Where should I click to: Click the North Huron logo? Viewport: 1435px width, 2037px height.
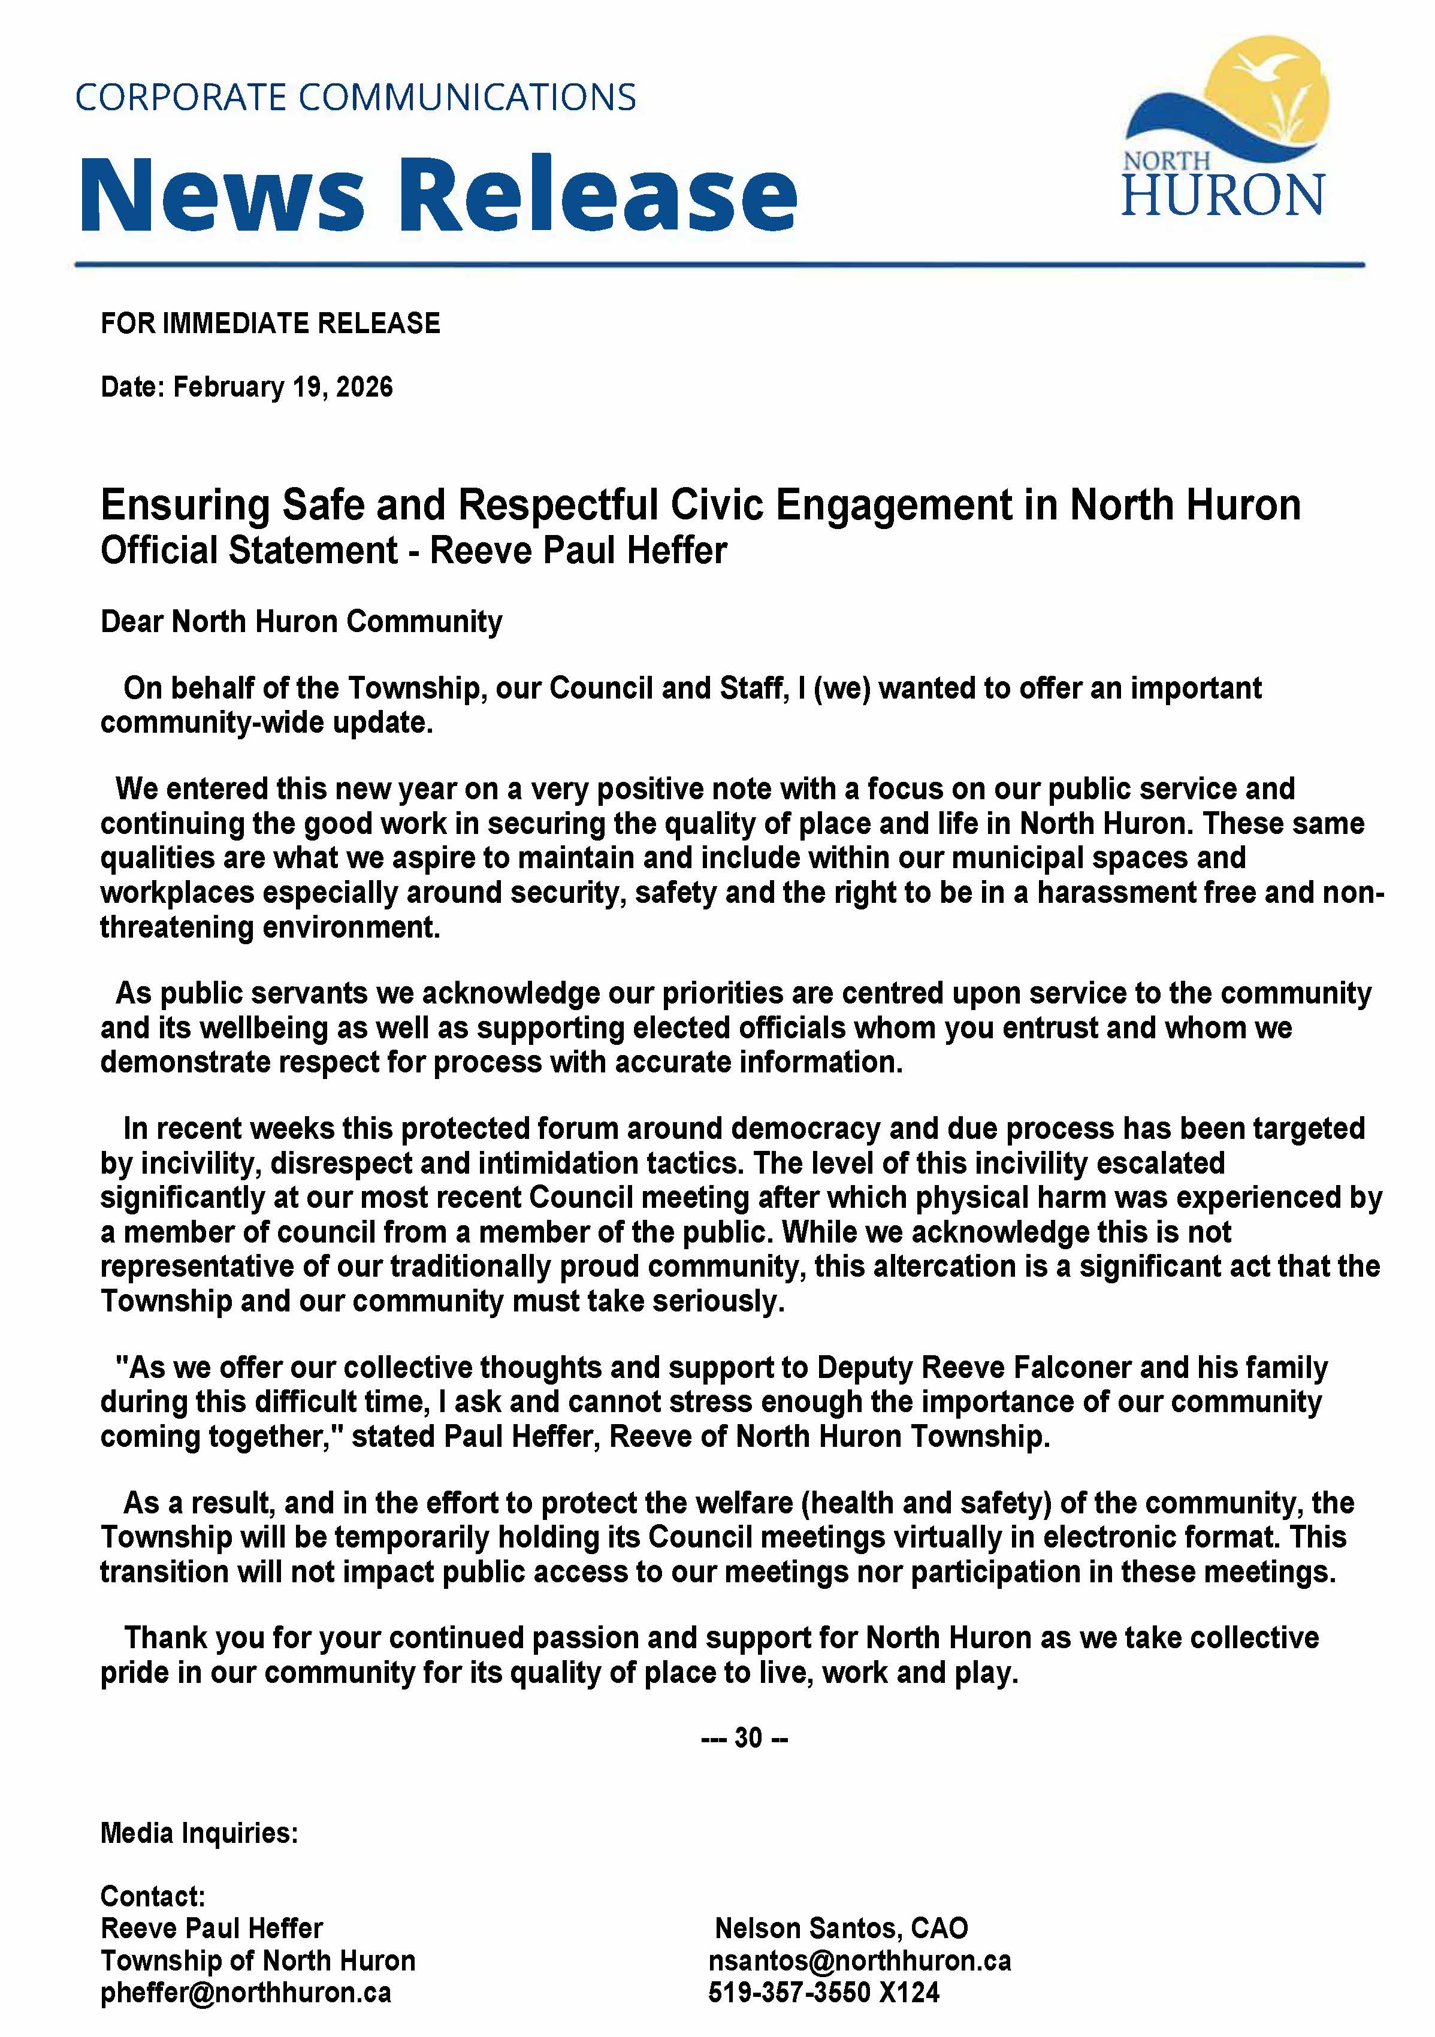1225,129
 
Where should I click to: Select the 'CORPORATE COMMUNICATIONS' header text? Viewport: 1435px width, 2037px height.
355,96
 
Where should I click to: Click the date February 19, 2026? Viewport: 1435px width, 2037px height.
282,387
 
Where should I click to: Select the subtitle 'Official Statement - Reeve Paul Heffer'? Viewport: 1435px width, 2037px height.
413,550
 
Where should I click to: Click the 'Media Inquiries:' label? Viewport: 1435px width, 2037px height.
199,1832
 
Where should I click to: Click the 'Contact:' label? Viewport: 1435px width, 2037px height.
153,1896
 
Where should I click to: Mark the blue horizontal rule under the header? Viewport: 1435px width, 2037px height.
719,264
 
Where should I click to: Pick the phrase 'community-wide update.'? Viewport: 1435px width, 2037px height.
266,722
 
